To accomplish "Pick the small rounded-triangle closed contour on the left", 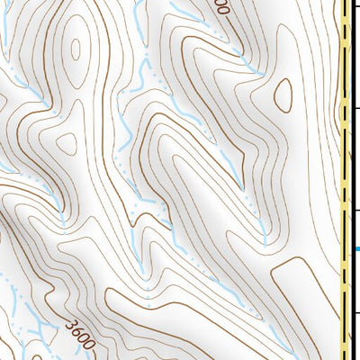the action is click(x=67, y=143).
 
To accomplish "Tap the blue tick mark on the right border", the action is click(x=356, y=248).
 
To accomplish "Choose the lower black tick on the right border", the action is click(x=356, y=210).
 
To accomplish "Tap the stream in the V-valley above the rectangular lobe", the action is click(x=265, y=229).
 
